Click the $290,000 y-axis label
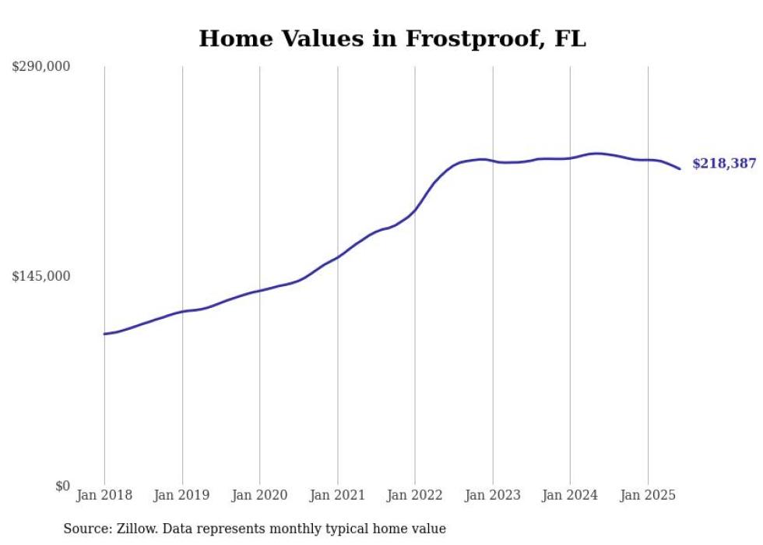[41, 67]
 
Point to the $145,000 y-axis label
[41, 277]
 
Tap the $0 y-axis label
[62, 487]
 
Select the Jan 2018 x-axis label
[104, 495]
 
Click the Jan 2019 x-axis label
[182, 495]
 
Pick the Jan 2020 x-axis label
[260, 495]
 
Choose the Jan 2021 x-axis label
[337, 495]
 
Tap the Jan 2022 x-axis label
[415, 495]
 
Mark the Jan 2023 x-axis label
[493, 495]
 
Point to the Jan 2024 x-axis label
[570, 495]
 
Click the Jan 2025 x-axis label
[648, 495]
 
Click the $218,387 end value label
[723, 164]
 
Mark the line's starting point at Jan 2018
[104, 334]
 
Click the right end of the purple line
[680, 168]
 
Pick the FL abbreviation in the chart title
[570, 39]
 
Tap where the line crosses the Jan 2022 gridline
[415, 211]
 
